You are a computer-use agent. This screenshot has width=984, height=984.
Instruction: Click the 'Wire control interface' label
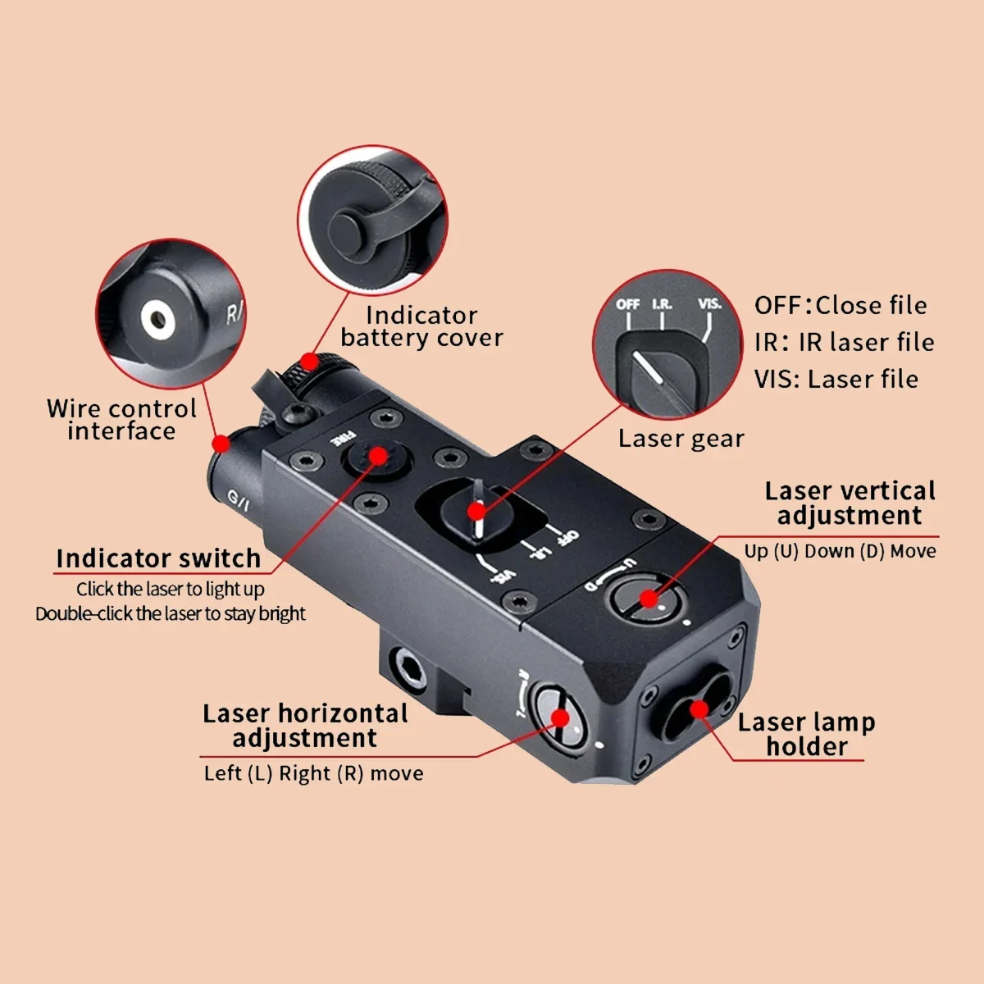(121, 419)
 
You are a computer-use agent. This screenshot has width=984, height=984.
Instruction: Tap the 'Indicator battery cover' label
(421, 326)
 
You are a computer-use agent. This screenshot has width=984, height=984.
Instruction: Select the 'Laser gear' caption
(681, 439)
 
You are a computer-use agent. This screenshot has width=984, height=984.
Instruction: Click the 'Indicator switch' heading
(158, 558)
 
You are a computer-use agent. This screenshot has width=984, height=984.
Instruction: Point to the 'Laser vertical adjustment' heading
(850, 503)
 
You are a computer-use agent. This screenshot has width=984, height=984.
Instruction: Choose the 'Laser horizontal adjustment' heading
(305, 726)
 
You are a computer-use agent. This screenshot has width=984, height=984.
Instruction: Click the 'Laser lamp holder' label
(806, 734)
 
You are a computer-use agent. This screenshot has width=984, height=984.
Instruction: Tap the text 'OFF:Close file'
(840, 305)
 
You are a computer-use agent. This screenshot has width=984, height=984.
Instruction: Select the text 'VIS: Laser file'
(836, 380)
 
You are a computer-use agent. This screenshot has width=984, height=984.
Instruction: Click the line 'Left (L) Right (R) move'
(313, 773)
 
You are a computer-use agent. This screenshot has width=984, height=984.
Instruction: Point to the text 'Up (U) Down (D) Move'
(840, 552)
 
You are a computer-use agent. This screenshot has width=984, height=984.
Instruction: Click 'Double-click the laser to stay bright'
(171, 613)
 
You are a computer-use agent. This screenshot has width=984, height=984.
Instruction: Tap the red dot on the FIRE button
(378, 455)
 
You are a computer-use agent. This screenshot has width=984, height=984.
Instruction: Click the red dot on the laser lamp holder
(699, 709)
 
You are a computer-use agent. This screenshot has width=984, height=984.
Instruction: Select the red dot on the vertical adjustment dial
(649, 599)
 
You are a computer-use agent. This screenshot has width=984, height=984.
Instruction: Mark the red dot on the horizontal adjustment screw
(561, 718)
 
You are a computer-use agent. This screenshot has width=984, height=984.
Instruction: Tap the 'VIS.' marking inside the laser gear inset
(710, 304)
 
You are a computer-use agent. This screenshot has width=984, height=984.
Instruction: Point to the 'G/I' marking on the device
(238, 500)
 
